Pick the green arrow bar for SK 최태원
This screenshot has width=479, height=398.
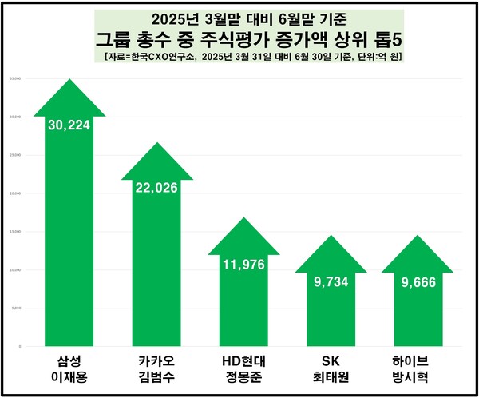tap(331, 312)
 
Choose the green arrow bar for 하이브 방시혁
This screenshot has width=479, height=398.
tap(418, 312)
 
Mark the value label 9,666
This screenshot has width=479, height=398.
tap(418, 283)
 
